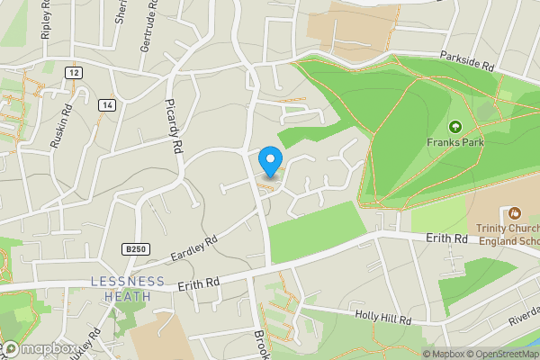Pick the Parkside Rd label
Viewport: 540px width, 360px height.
click(x=468, y=60)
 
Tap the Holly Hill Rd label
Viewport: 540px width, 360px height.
click(x=382, y=319)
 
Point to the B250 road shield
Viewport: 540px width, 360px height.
click(x=136, y=249)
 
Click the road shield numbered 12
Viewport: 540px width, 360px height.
click(x=73, y=71)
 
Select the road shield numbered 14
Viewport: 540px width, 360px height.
click(x=109, y=104)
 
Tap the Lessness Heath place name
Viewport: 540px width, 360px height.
click(x=128, y=288)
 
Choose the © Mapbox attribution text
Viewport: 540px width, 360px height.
click(x=444, y=354)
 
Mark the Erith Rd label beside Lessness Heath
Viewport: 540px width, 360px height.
click(x=198, y=285)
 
